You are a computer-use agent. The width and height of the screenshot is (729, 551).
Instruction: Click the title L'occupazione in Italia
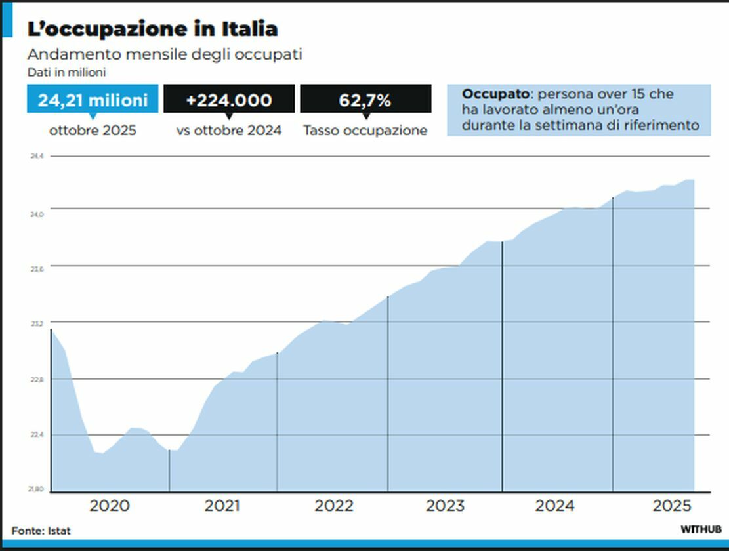tap(152, 29)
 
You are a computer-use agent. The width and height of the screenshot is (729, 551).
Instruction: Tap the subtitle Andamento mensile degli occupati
tap(165, 54)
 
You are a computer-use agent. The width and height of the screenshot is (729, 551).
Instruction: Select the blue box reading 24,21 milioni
tap(93, 100)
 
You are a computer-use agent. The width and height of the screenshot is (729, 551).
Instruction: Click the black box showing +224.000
tap(229, 100)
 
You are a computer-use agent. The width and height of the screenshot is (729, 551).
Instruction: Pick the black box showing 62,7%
tap(365, 100)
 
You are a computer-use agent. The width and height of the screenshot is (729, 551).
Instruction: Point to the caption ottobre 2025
tap(93, 131)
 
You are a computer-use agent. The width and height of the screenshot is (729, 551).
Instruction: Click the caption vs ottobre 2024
tap(229, 131)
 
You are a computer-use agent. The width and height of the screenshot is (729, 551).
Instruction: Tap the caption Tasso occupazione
tap(365, 131)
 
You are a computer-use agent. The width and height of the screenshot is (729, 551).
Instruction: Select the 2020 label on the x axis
tap(110, 506)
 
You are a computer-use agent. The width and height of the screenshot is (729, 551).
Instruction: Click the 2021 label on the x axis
tap(222, 506)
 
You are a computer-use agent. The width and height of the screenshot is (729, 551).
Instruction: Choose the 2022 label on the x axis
tap(333, 506)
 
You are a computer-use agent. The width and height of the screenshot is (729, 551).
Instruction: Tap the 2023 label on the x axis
tap(445, 506)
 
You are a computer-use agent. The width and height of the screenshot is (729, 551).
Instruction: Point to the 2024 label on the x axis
tap(555, 506)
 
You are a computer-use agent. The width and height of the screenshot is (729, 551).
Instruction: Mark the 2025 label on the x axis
tap(673, 506)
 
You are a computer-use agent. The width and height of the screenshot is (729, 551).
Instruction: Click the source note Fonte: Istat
tap(41, 530)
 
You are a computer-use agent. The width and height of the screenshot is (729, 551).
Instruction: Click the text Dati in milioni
tap(67, 72)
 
